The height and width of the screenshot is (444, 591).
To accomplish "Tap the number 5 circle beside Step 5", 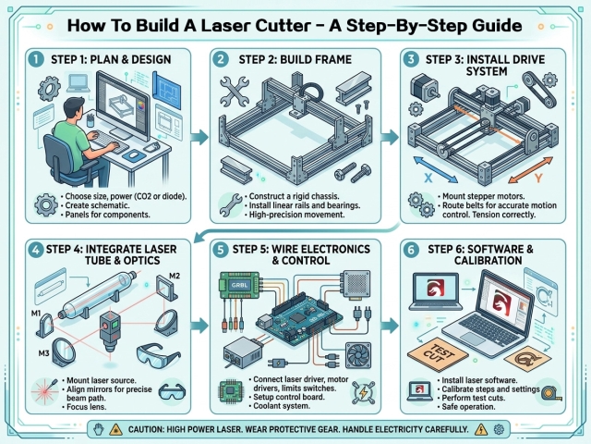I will tap(219, 250).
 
